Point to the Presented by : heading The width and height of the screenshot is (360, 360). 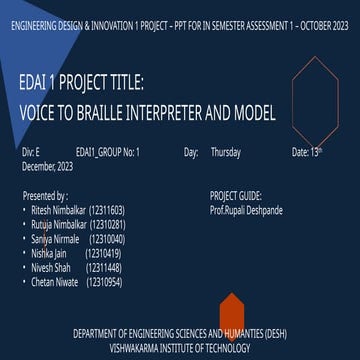coord(45,197)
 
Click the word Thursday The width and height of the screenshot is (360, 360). coord(226,153)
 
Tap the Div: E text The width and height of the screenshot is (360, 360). coord(31,153)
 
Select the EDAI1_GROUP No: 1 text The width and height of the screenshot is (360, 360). coord(108,153)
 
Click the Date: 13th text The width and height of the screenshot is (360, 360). coord(306,153)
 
